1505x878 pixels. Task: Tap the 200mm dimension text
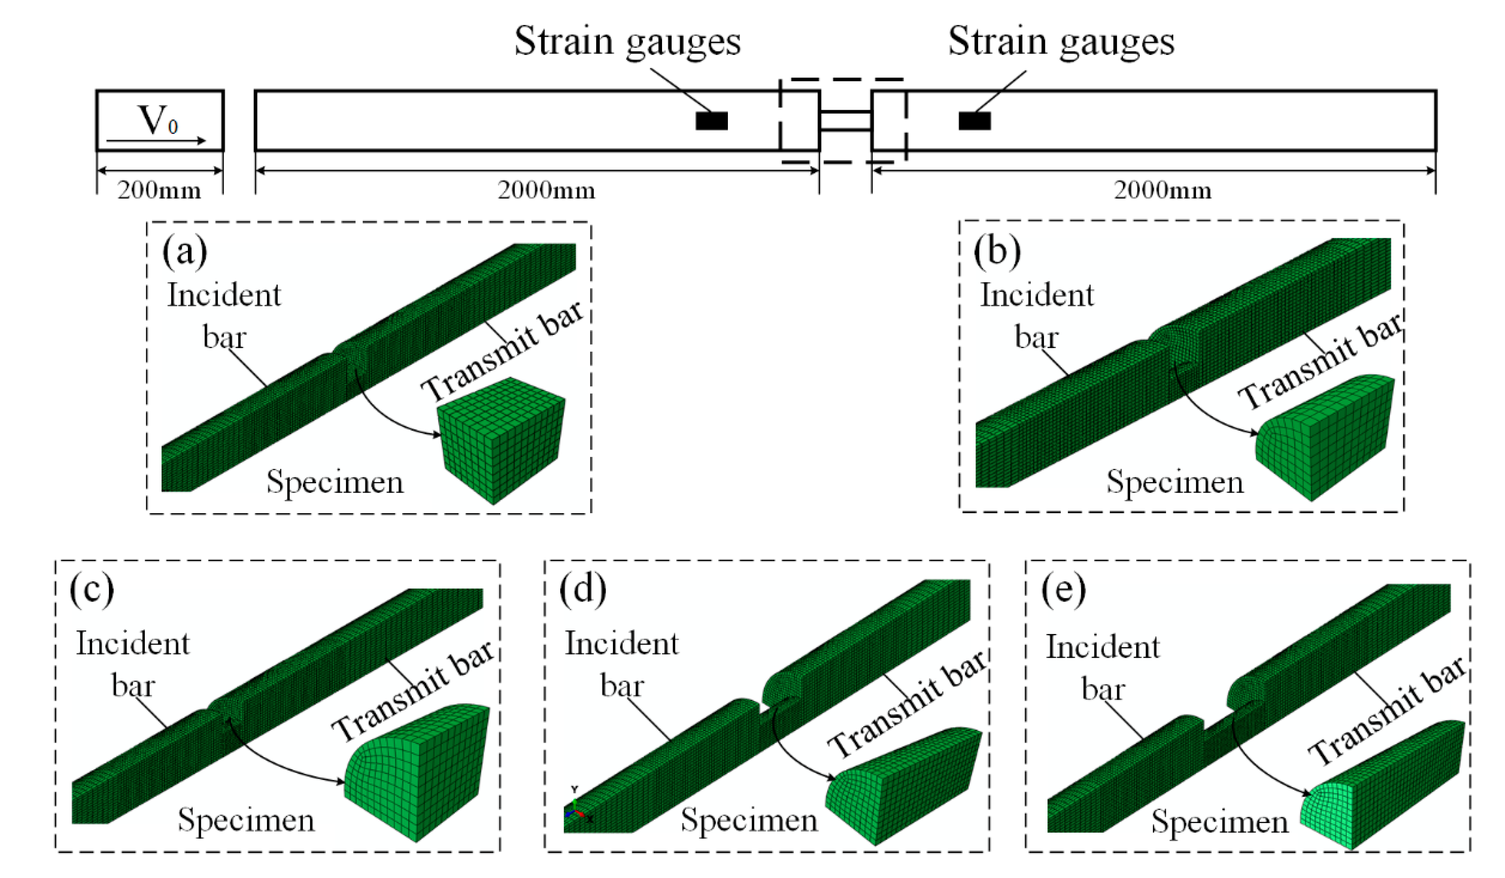pos(159,191)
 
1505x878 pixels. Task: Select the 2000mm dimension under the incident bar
pos(547,191)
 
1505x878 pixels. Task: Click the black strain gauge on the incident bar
pos(711,121)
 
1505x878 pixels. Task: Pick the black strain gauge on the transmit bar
pos(975,121)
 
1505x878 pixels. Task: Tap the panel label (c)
pos(91,590)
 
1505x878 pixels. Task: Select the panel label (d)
pos(582,590)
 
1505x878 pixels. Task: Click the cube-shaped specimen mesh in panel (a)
pos(500,441)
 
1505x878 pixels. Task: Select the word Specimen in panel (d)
pos(749,820)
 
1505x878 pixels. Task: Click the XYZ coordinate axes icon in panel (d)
pos(575,812)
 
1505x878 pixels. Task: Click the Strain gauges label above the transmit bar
pos(1061,42)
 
